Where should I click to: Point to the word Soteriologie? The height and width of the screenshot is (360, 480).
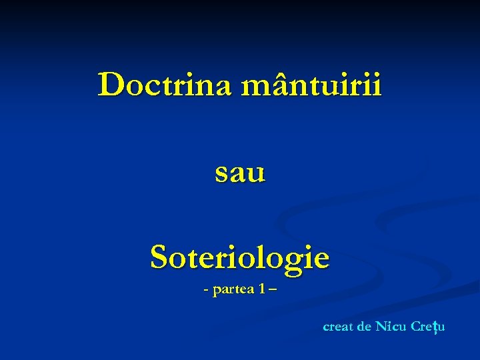[x=240, y=257]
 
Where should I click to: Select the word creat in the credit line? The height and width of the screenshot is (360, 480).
[x=338, y=327]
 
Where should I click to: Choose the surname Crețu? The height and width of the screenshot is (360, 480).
[x=428, y=327]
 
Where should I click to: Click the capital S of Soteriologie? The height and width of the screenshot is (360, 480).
[x=159, y=257]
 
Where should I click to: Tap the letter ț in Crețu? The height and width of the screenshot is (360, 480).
[x=434, y=327]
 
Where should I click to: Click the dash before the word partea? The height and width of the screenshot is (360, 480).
[x=206, y=292]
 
